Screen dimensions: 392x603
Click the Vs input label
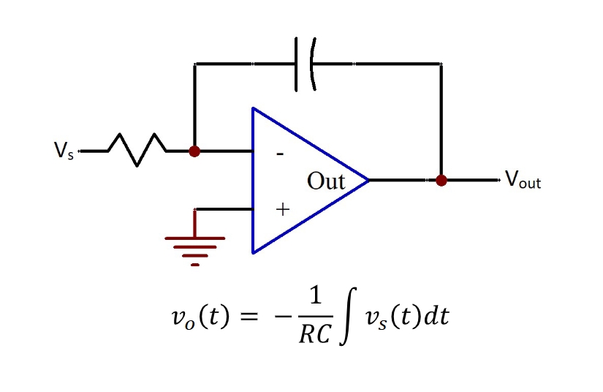64,151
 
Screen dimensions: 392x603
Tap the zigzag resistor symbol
137,151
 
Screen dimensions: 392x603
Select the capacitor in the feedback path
306,64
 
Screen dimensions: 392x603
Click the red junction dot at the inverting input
194,151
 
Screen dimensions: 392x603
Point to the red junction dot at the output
441,180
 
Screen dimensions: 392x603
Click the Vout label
523,180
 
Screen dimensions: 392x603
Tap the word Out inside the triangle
326,181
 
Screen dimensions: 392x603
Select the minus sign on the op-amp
281,155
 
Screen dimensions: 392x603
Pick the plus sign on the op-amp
282,210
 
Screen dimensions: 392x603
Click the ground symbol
195,246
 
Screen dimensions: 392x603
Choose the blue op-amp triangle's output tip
367,180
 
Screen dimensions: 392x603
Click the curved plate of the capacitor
313,64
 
